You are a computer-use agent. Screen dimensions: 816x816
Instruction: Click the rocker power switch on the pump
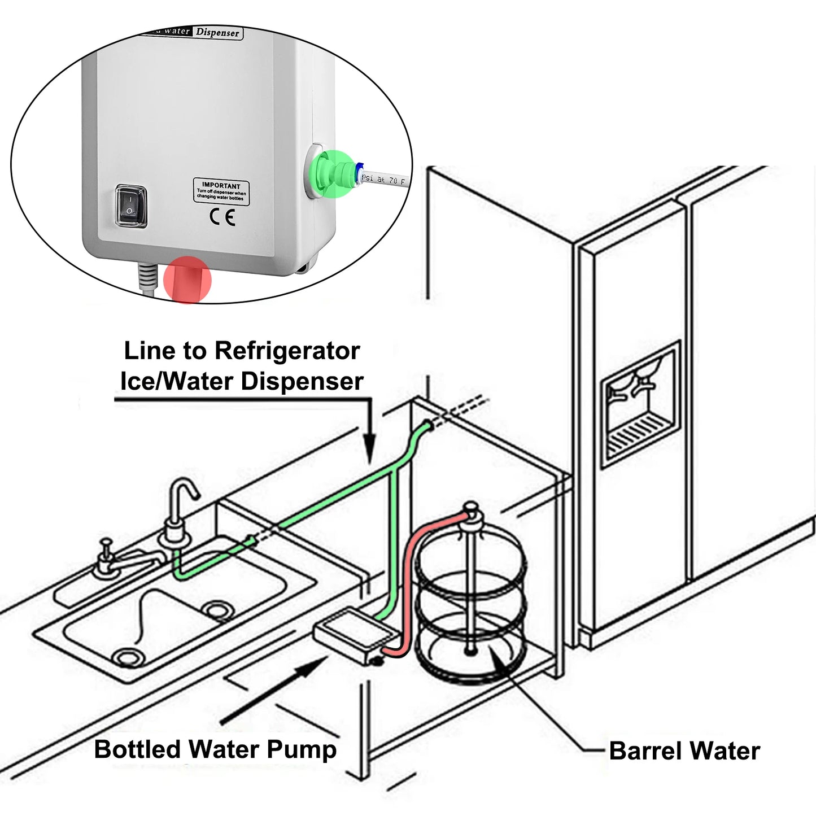[131, 207]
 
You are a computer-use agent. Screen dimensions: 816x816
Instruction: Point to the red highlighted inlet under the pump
[187, 280]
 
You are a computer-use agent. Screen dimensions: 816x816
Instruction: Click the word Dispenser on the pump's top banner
[217, 33]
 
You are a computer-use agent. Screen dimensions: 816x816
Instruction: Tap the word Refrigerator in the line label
[287, 351]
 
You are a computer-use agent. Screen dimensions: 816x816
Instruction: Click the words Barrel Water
[684, 751]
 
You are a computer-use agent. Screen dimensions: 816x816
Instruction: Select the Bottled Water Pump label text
[215, 749]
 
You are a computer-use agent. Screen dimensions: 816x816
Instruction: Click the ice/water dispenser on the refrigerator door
[640, 403]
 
